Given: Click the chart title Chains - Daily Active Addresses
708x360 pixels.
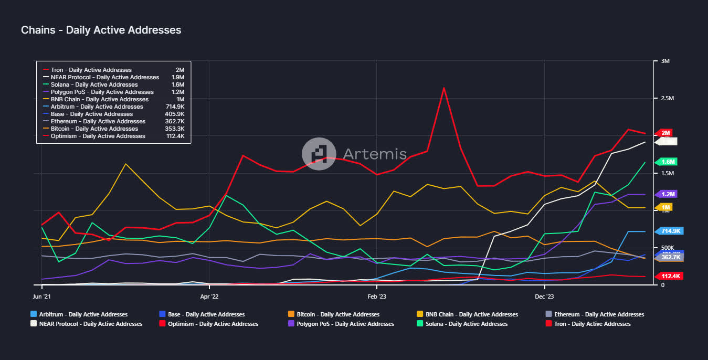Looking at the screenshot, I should (101, 30).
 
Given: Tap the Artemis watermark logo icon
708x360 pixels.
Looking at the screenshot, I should (319, 154).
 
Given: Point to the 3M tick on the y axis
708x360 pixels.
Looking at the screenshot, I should (665, 61).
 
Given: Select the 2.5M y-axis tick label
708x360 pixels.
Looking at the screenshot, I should (668, 99).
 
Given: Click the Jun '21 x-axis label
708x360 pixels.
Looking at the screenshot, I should (42, 297).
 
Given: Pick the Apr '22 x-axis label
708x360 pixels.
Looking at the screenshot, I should (209, 297).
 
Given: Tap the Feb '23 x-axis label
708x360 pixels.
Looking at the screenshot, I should (377, 297).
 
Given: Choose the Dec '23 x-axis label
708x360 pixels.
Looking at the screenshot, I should (545, 297).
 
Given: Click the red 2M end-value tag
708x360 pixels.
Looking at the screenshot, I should (665, 133).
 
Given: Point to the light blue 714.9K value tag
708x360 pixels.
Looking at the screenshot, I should (670, 231).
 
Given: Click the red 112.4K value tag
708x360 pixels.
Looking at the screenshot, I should (670, 276).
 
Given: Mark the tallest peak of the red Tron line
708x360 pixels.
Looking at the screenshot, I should (444, 88).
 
